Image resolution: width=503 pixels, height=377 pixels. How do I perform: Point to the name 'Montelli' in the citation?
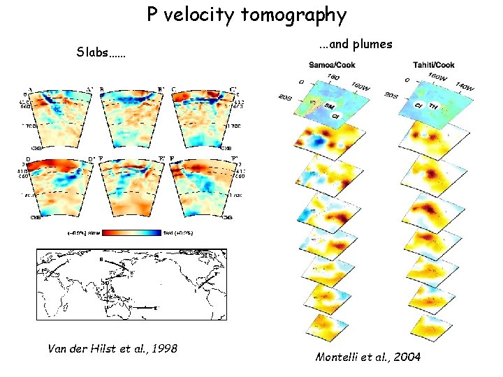tap(339, 357)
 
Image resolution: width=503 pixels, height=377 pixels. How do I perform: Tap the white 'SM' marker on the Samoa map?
tap(329, 105)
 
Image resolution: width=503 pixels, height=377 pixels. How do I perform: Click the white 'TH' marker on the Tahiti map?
tap(434, 105)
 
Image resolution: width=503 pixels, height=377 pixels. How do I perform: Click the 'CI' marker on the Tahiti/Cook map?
tap(419, 105)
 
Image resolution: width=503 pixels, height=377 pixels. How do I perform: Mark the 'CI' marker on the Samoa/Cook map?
tap(335, 115)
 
